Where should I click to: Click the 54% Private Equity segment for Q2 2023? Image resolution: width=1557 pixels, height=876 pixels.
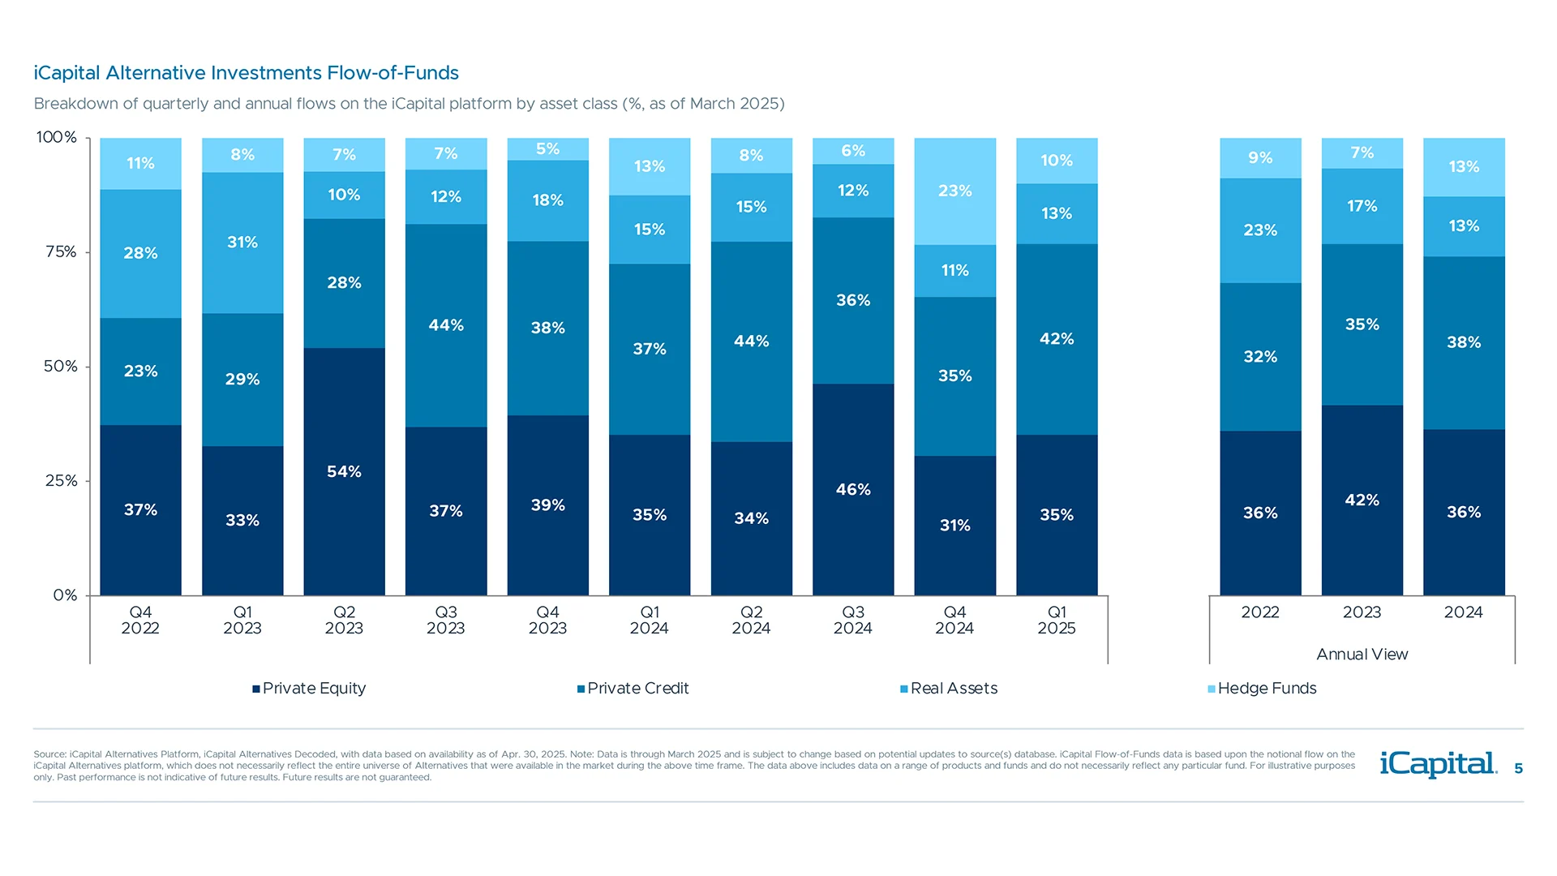[344, 472]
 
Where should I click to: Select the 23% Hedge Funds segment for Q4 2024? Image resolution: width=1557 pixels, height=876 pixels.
[954, 191]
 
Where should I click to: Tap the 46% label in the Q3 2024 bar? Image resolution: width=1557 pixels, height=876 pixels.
[853, 490]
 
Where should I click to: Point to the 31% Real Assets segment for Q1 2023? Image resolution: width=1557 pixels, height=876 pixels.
[242, 243]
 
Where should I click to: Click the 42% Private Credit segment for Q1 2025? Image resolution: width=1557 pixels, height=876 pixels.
[1057, 339]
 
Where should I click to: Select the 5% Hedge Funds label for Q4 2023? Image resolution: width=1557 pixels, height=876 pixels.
[547, 149]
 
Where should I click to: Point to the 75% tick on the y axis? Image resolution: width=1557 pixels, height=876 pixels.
[61, 252]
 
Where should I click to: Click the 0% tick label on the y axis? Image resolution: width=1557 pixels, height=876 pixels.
[65, 595]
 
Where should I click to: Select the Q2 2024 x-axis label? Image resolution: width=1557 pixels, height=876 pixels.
[751, 620]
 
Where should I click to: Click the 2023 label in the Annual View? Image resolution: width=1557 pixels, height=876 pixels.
[1362, 613]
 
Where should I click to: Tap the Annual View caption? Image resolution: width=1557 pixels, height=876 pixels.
[1362, 655]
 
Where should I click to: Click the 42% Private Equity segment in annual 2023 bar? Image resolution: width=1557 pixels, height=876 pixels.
[1362, 500]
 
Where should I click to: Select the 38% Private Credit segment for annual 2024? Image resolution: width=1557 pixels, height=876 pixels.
[1464, 343]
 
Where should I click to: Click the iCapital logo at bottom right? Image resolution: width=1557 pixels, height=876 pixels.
[1438, 764]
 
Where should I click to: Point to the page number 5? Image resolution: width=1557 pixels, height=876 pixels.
[1518, 769]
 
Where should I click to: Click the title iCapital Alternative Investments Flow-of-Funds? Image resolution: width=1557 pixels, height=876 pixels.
[246, 73]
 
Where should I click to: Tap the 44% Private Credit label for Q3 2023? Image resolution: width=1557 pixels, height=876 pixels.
[446, 325]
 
